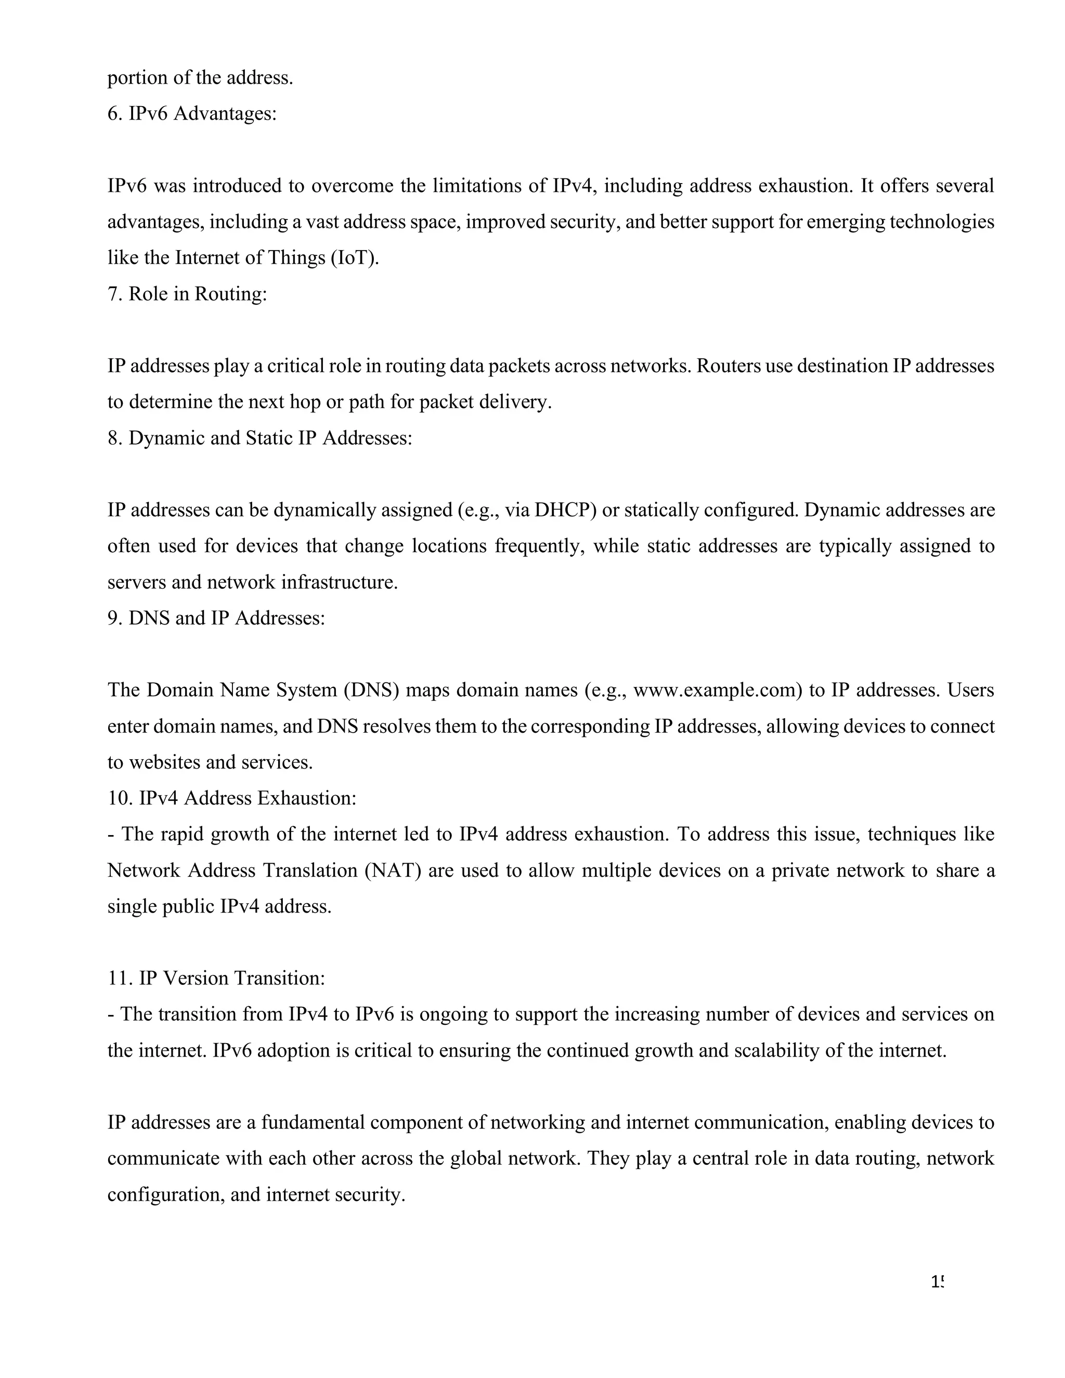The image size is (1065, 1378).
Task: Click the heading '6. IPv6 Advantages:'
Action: click(192, 114)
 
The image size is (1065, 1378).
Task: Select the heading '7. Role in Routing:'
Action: click(187, 294)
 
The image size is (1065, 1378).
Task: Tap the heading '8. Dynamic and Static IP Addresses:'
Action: click(259, 438)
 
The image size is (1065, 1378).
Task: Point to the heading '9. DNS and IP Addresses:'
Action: click(216, 618)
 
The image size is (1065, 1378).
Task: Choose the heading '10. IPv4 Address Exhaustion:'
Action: click(231, 798)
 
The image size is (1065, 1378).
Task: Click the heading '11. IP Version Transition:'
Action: click(216, 978)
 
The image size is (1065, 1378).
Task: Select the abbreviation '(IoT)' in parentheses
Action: click(354, 258)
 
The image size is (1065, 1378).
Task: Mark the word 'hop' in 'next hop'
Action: click(305, 402)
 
